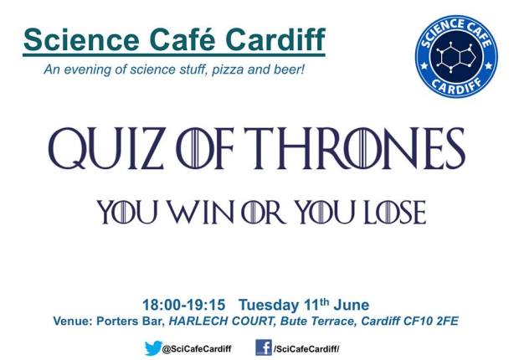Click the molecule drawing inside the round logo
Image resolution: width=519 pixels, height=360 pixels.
tap(456, 57)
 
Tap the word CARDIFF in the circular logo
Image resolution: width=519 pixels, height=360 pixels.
tap(456, 85)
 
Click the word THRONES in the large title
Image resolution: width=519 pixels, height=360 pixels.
tap(355, 148)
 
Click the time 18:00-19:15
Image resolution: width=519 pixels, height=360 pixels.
tap(183, 305)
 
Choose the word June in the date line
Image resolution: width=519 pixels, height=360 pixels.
tap(352, 305)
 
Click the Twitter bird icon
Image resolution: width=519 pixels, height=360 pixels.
tap(153, 348)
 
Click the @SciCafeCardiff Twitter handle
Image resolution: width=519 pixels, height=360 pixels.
tap(197, 349)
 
